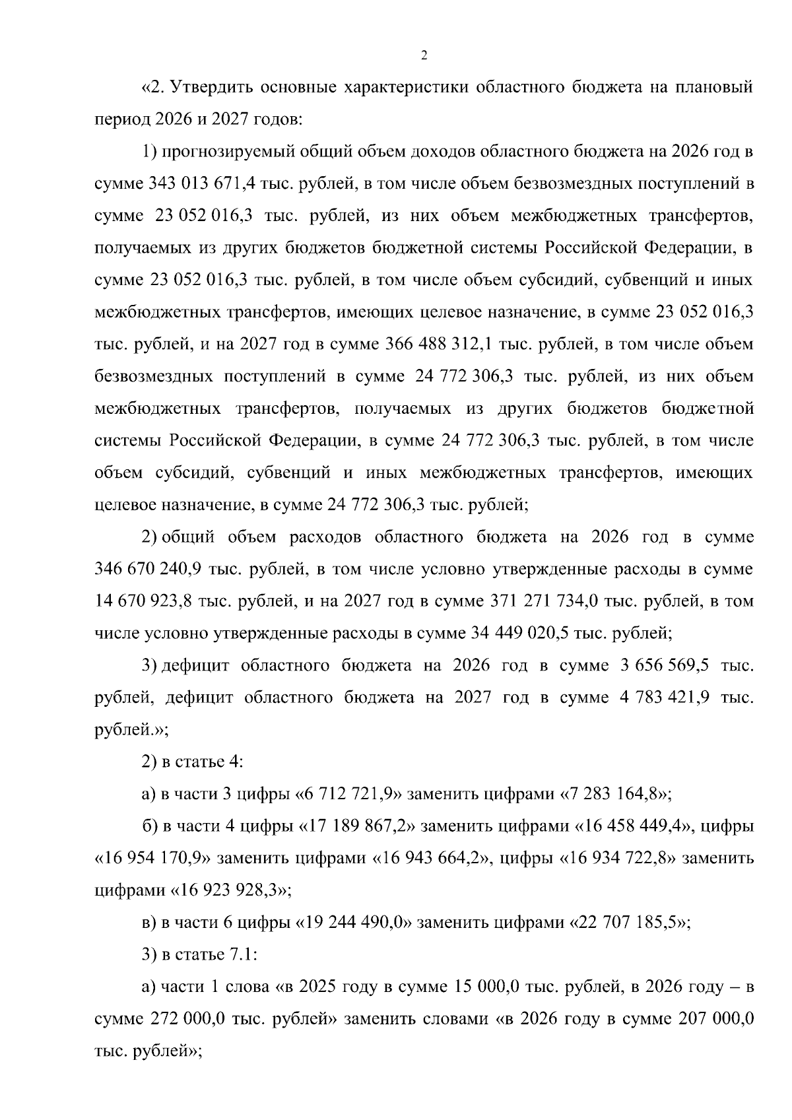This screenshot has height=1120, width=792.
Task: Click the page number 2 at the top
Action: click(x=424, y=55)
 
